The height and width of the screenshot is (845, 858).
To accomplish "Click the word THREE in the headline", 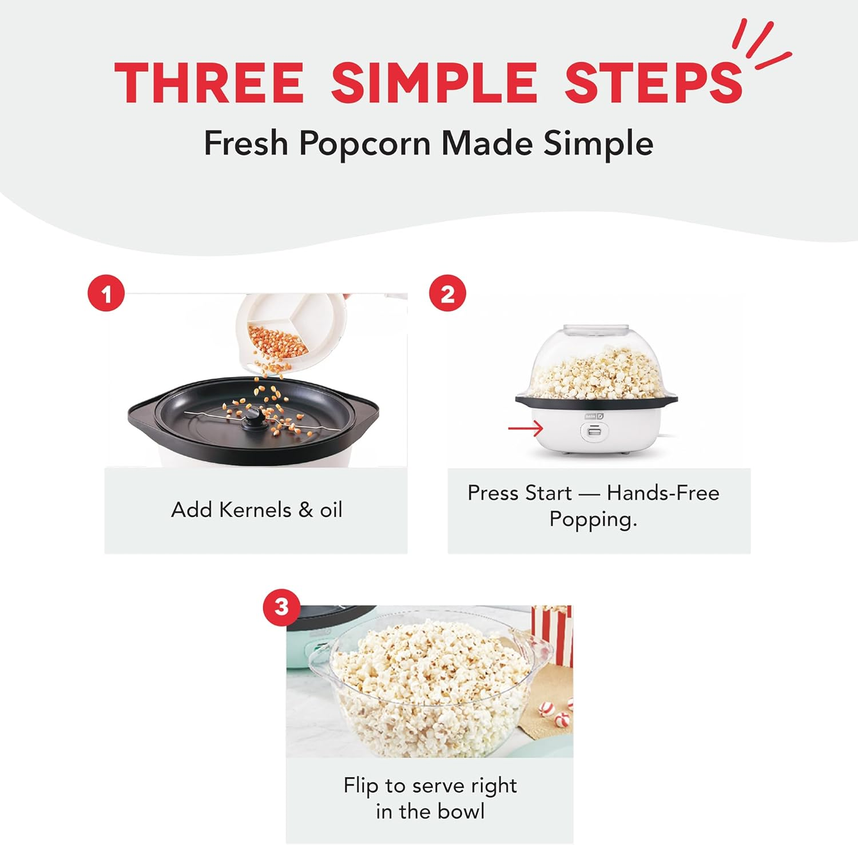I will point(209,83).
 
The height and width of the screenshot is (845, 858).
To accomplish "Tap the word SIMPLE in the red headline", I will point(434,83).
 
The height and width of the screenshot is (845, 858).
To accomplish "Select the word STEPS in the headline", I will point(653,83).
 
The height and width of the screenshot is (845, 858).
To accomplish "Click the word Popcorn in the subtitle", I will point(364,143).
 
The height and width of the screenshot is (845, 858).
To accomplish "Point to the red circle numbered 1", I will point(106,294).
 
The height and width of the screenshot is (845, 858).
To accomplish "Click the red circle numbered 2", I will point(447,294).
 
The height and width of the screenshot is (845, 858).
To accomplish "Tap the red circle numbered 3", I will point(281,607).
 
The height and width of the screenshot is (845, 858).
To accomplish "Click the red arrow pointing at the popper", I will point(525,428).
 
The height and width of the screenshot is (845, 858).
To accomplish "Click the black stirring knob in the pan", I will point(253,420).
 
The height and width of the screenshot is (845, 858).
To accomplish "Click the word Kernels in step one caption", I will point(255,509).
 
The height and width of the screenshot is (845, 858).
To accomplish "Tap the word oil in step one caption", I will point(331,509).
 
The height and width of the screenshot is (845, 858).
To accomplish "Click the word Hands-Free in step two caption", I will point(663,493).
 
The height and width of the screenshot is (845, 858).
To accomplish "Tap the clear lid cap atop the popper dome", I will point(595,330).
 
